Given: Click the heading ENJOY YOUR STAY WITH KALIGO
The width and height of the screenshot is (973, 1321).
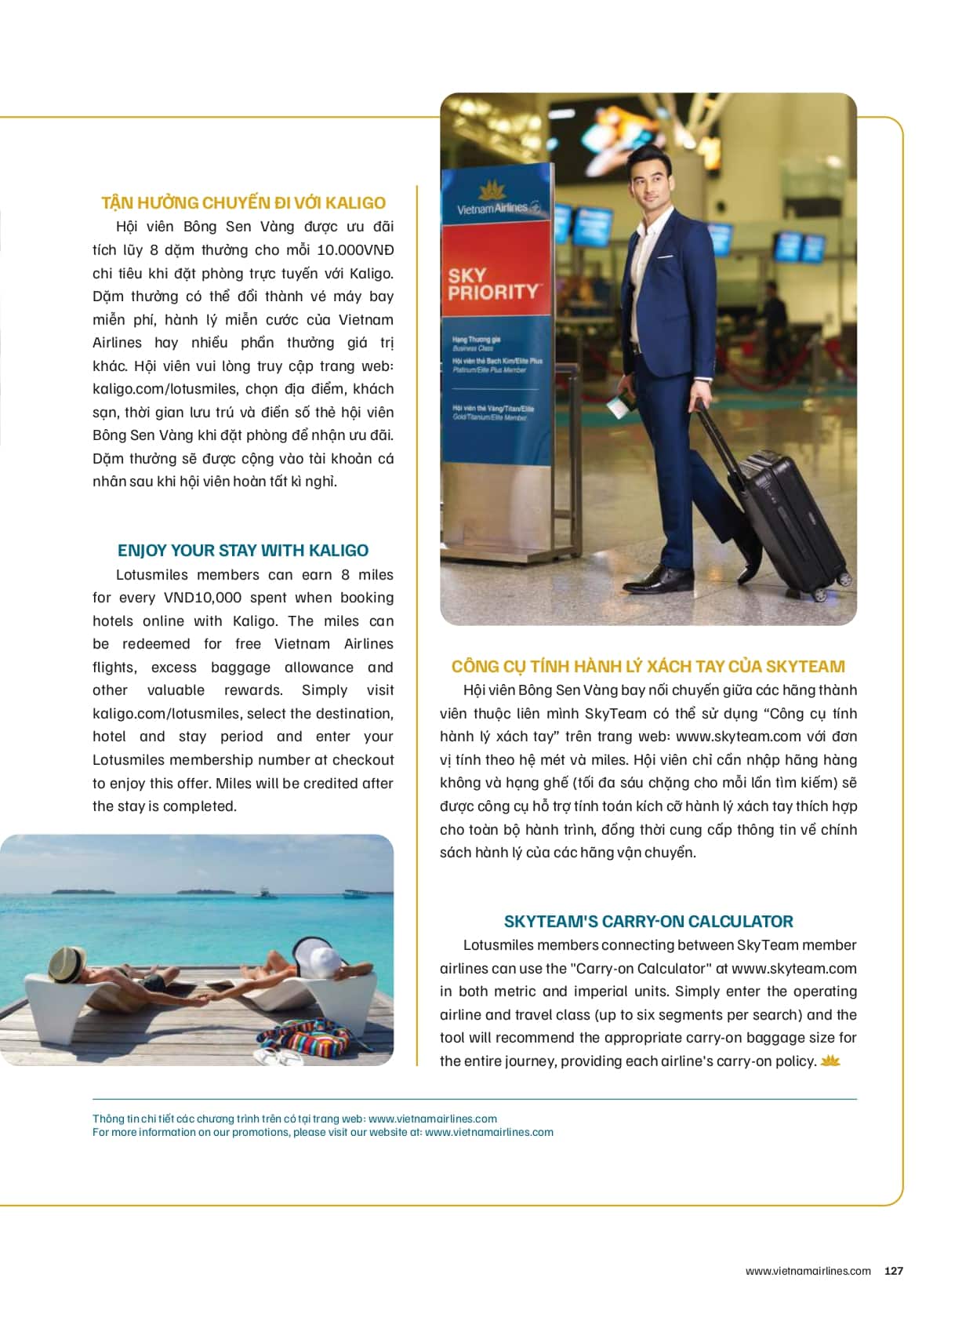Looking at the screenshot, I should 243,551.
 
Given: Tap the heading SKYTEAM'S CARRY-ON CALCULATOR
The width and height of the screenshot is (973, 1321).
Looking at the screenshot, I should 648,921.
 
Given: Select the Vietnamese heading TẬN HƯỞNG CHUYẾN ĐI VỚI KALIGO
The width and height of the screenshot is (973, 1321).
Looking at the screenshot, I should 243,203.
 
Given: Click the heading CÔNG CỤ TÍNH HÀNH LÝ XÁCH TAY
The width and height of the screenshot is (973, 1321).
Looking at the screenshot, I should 648,667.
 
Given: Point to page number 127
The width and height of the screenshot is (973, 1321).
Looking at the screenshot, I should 894,1271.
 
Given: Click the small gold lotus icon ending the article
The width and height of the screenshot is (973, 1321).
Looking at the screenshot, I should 830,1061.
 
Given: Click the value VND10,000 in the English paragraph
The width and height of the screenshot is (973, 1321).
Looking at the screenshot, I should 202,598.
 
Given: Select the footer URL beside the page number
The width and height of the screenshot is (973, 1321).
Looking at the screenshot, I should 808,1271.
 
